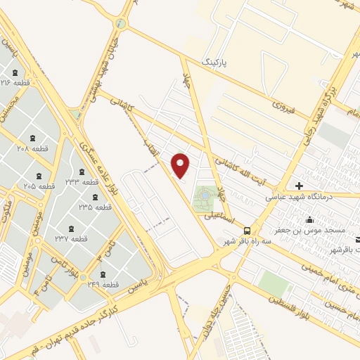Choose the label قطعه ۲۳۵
(95, 207)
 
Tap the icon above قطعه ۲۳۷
(70, 228)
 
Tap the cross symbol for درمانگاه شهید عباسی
(300, 186)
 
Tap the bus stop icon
(246, 230)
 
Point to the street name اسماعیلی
(218, 217)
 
